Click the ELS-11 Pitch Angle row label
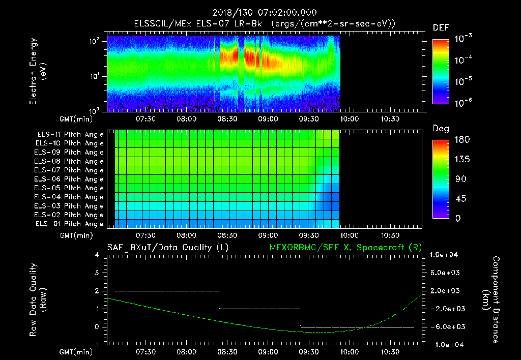click(x=70, y=135)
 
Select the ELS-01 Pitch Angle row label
click(x=70, y=224)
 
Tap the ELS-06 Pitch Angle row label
click(x=70, y=179)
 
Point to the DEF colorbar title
click(x=441, y=27)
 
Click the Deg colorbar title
click(x=441, y=128)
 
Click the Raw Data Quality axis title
click(x=38, y=299)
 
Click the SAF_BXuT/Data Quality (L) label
click(x=167, y=247)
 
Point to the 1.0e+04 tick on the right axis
click(x=445, y=254)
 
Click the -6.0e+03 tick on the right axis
click(x=445, y=326)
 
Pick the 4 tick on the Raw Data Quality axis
click(x=98, y=255)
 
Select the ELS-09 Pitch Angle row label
click(x=70, y=153)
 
